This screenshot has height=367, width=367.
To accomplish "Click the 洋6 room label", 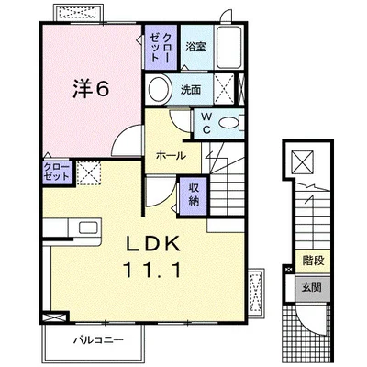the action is point(91,89).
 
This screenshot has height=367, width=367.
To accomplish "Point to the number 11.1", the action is point(151,271).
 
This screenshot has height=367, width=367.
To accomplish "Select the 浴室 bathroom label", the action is point(195,47).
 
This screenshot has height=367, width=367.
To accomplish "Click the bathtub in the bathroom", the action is point(229,48).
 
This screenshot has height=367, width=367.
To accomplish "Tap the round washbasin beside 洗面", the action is point(160,89).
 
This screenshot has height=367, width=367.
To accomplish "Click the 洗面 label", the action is point(191,89).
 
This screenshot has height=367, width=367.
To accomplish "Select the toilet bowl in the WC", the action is point(228,123).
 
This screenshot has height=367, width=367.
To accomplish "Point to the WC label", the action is point(207,123).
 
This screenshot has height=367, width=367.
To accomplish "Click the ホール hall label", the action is point(171,156).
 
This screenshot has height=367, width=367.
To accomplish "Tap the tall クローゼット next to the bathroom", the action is point(161,47).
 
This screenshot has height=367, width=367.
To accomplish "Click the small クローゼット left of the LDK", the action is point(58,172).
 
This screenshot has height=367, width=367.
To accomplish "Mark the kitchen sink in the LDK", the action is point(88,228).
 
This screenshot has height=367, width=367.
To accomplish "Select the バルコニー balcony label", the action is point(98,340).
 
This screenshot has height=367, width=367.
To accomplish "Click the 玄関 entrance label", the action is point(312,288).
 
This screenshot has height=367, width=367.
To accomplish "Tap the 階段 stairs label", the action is point(313,261).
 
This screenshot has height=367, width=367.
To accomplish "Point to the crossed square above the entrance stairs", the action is point(302,161).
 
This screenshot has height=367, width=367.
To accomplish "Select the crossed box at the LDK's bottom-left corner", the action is point(55,317).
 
